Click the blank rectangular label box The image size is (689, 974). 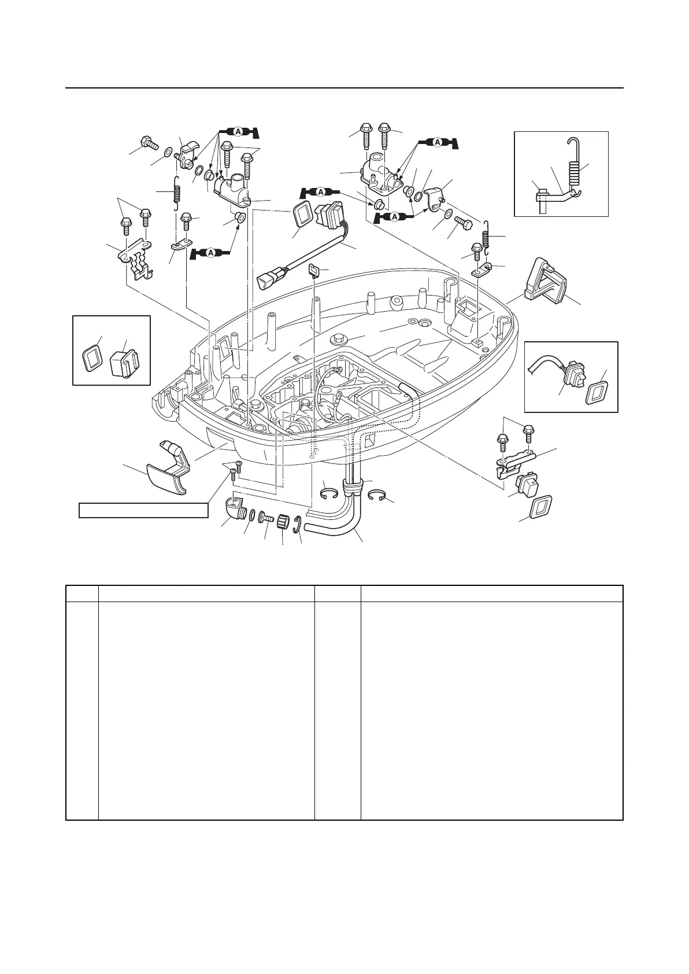[x=143, y=511]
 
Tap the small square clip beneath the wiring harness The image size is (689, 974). [x=314, y=270]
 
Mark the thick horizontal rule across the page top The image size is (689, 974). [x=344, y=88]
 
